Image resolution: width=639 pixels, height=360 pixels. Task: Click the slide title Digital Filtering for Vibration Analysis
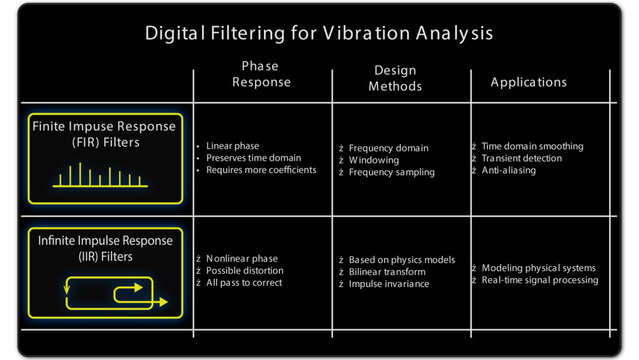point(319,33)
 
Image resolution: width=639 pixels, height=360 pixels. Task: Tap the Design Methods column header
point(395,78)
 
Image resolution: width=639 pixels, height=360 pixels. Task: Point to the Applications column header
point(528,82)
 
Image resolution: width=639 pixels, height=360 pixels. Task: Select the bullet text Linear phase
point(232,146)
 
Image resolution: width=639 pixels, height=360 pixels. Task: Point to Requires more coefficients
point(261,170)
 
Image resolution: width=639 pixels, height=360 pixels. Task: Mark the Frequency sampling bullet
point(391,172)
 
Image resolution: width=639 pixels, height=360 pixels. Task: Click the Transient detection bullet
point(521,158)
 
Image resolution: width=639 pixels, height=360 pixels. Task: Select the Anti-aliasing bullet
point(508,170)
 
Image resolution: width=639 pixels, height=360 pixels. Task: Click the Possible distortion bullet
point(244,271)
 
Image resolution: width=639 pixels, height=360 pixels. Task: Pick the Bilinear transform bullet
point(387,271)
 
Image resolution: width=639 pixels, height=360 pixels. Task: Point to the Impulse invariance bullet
point(389,283)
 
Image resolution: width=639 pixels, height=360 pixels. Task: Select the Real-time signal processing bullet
point(539,280)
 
